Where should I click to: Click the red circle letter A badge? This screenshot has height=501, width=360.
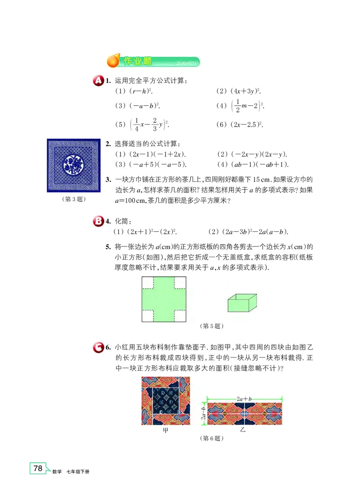click(98, 81)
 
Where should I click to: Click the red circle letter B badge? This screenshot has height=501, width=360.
click(98, 221)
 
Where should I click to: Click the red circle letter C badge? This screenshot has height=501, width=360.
click(98, 347)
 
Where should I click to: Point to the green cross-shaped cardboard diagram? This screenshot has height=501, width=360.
click(164, 299)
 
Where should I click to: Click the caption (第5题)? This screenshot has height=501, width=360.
click(211, 326)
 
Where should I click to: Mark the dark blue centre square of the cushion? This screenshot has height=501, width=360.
click(166, 403)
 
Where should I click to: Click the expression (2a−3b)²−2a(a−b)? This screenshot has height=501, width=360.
click(248, 232)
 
